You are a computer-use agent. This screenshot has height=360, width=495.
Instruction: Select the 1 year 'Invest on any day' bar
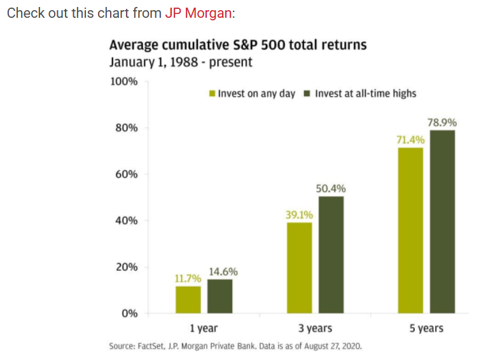(188, 300)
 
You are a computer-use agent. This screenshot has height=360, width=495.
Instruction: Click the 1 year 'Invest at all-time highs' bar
(220, 296)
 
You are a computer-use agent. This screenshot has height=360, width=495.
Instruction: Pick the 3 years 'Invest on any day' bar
(300, 268)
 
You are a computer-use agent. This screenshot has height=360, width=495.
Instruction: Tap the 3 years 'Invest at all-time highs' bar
(331, 254)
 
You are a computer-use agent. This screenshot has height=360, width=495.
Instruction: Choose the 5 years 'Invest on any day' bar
(410, 230)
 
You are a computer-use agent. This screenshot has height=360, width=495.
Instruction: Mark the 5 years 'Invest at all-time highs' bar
(442, 221)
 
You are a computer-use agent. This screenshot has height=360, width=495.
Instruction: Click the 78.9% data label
(442, 123)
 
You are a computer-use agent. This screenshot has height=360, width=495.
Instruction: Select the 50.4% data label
(331, 189)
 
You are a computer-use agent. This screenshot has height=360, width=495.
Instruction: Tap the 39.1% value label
(299, 215)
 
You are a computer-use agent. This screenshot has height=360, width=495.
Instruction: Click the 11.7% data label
(188, 279)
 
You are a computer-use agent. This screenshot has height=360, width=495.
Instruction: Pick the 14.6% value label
(223, 272)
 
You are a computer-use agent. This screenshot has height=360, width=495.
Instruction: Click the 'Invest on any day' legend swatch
(213, 93)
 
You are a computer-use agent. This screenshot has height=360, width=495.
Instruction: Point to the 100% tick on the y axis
(125, 82)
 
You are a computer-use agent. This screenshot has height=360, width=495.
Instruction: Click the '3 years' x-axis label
(316, 328)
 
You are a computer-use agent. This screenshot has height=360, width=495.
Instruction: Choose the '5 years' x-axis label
(426, 328)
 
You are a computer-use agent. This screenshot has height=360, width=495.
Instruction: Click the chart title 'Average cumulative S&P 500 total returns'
(238, 45)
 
